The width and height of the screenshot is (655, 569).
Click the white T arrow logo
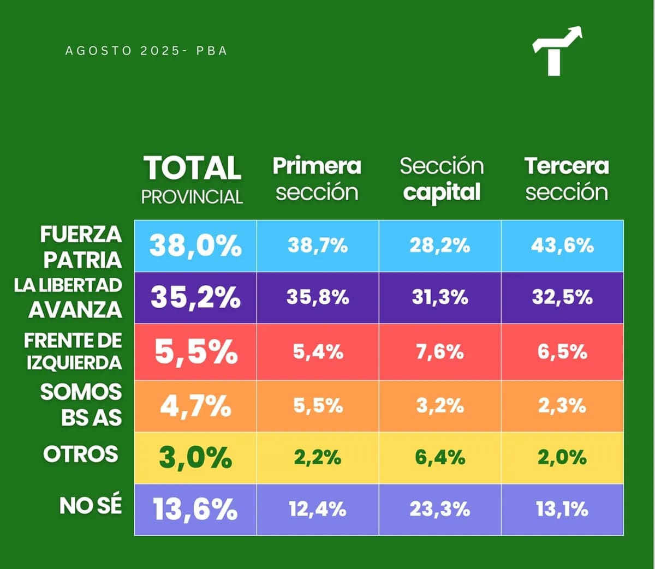pyautogui.click(x=556, y=52)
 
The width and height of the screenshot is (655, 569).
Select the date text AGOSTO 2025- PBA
pyautogui.click(x=146, y=51)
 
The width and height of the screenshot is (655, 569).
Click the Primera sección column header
pyautogui.click(x=317, y=179)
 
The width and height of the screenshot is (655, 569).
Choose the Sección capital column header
pyautogui.click(x=442, y=179)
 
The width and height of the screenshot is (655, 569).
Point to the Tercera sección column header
pyautogui.click(x=567, y=179)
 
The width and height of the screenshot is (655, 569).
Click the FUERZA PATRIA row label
pyautogui.click(x=81, y=247)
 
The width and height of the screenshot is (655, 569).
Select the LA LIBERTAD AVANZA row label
pyautogui.click(x=68, y=298)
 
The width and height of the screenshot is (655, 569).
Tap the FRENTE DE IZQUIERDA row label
pyautogui.click(x=73, y=351)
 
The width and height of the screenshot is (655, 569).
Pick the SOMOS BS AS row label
pyautogui.click(x=81, y=405)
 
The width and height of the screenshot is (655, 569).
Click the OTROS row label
pyautogui.click(x=81, y=454)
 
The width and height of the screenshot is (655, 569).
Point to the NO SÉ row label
pyautogui.click(x=91, y=506)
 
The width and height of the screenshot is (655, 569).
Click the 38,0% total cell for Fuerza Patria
pyautogui.click(x=195, y=245)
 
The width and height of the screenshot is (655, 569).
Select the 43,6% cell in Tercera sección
pyautogui.click(x=562, y=245)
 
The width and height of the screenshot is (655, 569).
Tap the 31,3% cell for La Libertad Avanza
pyautogui.click(x=440, y=297)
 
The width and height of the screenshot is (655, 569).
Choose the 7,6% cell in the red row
pyautogui.click(x=440, y=352)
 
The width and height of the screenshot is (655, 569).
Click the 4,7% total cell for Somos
pyautogui.click(x=195, y=406)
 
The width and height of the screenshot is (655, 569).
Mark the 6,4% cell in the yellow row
pyautogui.click(x=440, y=457)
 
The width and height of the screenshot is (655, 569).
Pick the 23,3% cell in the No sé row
pyautogui.click(x=440, y=510)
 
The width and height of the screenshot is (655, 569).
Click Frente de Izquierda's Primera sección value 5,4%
pyautogui.click(x=318, y=352)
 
